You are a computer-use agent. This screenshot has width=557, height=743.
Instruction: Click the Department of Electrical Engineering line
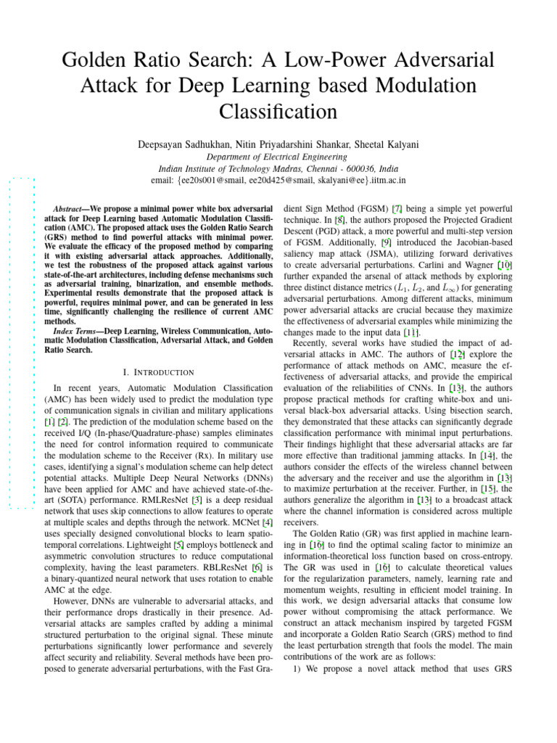click(278, 157)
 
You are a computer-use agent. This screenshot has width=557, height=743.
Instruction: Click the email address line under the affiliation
click(278, 180)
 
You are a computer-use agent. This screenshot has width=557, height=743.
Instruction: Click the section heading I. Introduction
click(158, 372)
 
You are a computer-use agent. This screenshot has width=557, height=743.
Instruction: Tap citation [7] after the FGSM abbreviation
click(398, 208)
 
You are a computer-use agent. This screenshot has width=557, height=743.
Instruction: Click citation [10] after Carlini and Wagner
click(505, 266)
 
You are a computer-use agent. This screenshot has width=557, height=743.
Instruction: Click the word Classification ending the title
click(278, 112)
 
